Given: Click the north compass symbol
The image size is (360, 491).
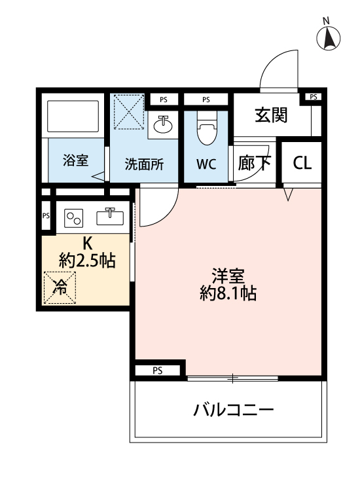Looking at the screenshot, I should (x=329, y=39).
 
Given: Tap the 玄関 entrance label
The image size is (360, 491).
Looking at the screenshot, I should (x=271, y=115).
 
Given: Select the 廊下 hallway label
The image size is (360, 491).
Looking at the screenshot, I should (x=254, y=163).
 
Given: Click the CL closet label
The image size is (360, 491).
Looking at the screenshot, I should (x=302, y=163).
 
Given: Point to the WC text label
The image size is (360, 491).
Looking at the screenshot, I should (x=206, y=164).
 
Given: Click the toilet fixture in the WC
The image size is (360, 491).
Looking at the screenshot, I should (x=206, y=130).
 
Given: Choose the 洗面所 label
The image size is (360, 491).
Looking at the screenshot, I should (x=145, y=164).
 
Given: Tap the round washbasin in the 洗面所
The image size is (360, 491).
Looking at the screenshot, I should (x=162, y=124).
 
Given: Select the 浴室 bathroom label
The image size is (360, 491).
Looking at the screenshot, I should (x=76, y=160).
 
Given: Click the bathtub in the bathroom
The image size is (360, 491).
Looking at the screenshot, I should (x=73, y=117).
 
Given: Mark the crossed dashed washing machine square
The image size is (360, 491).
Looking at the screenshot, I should (x=128, y=113).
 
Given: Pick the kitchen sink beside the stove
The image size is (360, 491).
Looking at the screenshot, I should (x=110, y=215).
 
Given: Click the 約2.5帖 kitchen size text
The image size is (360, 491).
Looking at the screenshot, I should (x=87, y=261).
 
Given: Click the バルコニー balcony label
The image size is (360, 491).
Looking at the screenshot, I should (x=233, y=410).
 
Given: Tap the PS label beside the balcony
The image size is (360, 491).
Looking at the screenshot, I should (x=157, y=371).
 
